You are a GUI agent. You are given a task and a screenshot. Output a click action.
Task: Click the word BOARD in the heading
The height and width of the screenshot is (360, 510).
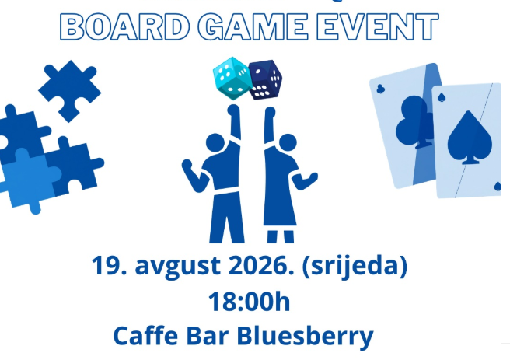point(125,26)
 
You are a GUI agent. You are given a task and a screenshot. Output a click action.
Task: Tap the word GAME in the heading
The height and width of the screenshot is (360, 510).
point(253,26)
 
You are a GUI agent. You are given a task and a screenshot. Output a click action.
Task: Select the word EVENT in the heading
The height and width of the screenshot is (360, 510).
point(377,26)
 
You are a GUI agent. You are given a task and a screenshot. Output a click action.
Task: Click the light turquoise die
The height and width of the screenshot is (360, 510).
point(232,78)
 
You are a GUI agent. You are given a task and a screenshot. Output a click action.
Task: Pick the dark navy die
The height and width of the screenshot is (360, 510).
point(265,79)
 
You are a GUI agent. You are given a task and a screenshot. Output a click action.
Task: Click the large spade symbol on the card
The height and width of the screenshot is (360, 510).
point(470,138)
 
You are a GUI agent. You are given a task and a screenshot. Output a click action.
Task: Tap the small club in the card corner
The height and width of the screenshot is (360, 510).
point(380,89)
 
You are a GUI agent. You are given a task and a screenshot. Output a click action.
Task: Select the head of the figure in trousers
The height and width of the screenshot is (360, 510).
point(215,143)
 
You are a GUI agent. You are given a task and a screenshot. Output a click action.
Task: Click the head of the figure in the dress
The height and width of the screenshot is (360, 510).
point(288,142)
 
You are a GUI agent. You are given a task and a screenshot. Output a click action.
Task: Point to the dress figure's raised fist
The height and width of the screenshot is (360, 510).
point(270,112)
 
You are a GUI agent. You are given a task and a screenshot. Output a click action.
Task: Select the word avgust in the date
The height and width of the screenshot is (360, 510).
point(177,267)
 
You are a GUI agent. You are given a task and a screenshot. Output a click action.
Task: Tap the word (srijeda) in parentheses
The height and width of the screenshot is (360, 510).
point(355,266)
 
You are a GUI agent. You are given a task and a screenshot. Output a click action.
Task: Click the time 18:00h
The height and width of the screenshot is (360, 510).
point(249,302)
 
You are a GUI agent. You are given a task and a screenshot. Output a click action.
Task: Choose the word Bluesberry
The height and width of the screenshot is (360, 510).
point(305,336)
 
